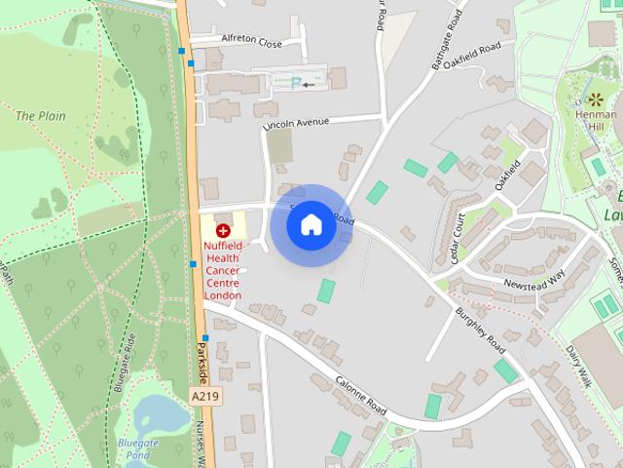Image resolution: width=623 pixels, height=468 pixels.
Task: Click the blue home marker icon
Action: pyautogui.click(x=311, y=224)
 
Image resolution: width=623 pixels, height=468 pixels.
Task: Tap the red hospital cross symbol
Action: pyautogui.click(x=224, y=231)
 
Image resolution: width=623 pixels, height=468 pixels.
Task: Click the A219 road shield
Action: pyautogui.click(x=205, y=398)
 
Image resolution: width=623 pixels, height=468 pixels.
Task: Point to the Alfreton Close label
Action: pyautogui.click(x=251, y=44)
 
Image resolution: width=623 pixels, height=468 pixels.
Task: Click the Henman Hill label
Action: pyautogui.click(x=596, y=121)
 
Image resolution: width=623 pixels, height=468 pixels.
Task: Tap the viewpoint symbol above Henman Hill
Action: pyautogui.click(x=595, y=99)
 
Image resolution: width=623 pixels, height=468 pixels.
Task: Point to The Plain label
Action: pyautogui.click(x=41, y=116)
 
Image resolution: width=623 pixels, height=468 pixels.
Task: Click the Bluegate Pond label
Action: pyautogui.click(x=137, y=448)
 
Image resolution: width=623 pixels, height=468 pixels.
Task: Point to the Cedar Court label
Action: pyautogui.click(x=451, y=234)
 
